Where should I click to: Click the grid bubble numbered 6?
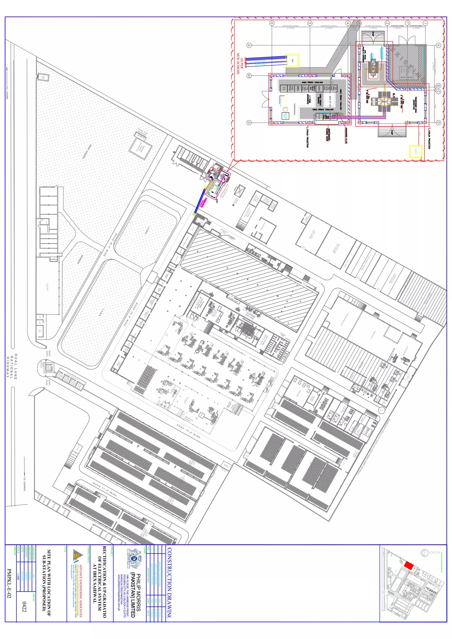[x=272, y=23]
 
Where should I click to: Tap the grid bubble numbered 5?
[x=310, y=23]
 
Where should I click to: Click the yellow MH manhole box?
[x=292, y=61]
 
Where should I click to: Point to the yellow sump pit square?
[x=416, y=151]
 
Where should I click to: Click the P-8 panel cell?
[x=284, y=88]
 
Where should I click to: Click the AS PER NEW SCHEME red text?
[x=240, y=64]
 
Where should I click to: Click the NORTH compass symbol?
[x=424, y=553]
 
